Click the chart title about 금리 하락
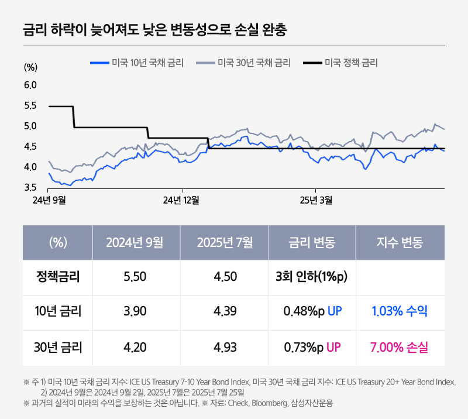tap(154, 30)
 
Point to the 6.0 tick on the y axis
tap(30, 85)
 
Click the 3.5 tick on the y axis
tap(30, 188)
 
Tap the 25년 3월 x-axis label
tap(316, 201)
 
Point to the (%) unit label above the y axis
tap(30, 67)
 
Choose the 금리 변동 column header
tap(312, 242)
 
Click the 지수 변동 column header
tap(400, 242)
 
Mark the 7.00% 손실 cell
tap(400, 348)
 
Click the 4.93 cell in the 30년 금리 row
tap(225, 348)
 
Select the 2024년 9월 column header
tap(136, 242)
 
